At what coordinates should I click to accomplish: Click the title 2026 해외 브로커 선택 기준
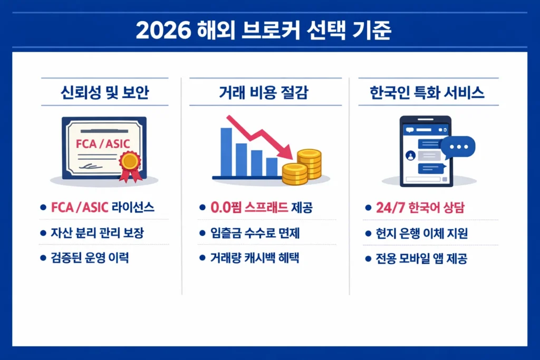(269, 30)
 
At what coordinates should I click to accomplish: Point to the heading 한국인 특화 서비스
(428, 93)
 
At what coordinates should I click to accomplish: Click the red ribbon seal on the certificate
(130, 161)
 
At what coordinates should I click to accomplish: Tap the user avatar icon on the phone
(410, 155)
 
